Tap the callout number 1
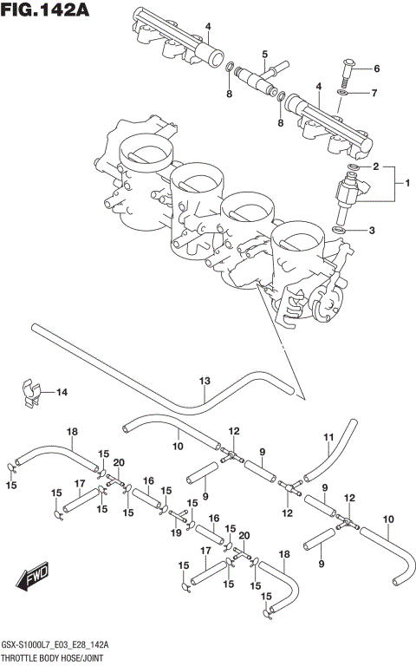click(x=400, y=183)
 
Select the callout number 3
click(x=372, y=230)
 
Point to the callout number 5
click(x=264, y=54)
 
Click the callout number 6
click(x=377, y=69)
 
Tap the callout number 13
click(x=205, y=381)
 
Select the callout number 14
click(x=62, y=393)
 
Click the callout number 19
click(x=177, y=532)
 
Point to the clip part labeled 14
click(x=29, y=391)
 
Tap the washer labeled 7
click(x=343, y=91)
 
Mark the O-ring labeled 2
click(x=354, y=166)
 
